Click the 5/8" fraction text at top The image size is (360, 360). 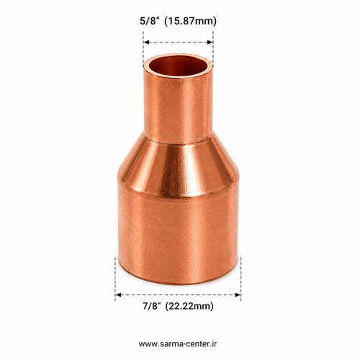point(150,21)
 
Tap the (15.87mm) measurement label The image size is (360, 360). point(191,21)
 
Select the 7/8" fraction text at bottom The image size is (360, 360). point(151,306)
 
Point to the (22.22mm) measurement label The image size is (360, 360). point(189,306)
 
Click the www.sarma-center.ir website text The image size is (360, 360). point(178,343)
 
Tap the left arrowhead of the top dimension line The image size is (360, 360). point(146,42)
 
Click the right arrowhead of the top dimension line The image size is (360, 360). point(210,42)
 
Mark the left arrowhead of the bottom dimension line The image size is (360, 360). point(118,294)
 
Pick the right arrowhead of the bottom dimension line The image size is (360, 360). point(238,294)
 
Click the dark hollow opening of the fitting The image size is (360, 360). point(178,66)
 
